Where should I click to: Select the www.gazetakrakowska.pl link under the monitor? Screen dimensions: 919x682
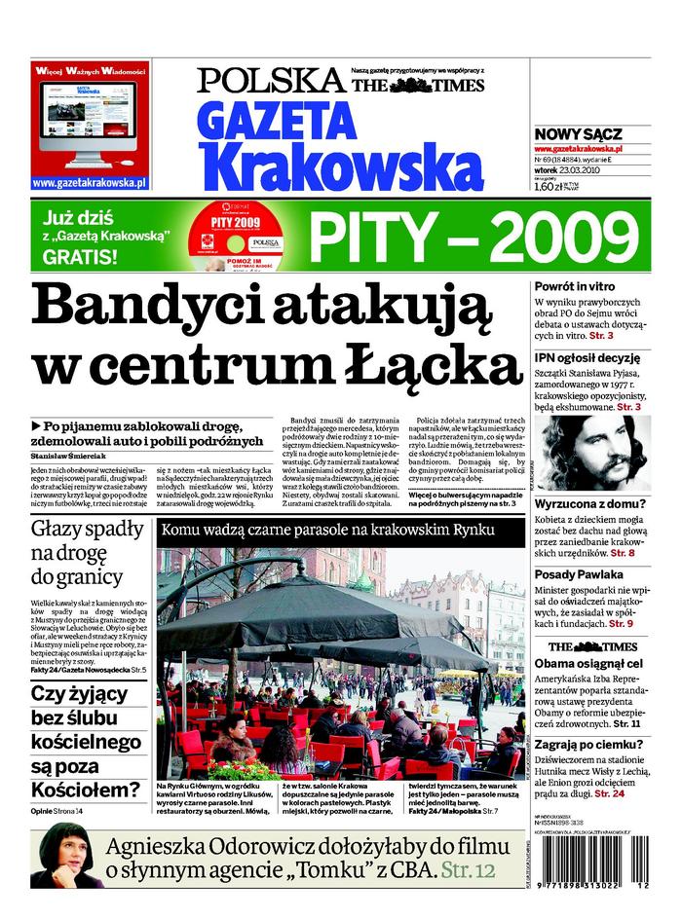click(89, 182)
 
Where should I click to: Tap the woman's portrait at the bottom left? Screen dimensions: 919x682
click(67, 854)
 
